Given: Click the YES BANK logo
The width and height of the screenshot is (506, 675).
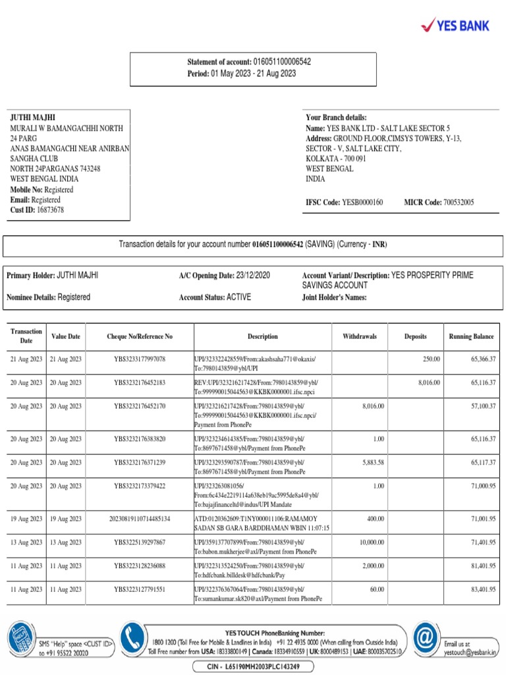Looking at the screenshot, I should pos(455,25).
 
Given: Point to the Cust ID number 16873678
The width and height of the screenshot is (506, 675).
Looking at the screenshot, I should pos(50,210).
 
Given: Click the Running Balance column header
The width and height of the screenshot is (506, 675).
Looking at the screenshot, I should pos(471,336).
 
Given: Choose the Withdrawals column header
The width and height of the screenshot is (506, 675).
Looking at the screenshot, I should pos(360,336).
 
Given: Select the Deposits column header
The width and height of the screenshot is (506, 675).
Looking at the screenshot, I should pos(415,336).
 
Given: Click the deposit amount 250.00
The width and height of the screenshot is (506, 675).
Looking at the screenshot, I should pos(431,359).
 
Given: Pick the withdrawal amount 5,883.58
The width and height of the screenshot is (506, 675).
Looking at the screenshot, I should pos(372,462).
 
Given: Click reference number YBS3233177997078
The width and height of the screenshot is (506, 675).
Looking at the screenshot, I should pos(140,359).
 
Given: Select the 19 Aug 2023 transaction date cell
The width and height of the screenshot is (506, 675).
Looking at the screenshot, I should pos(26,519).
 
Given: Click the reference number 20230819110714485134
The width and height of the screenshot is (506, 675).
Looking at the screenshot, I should pos(140,519).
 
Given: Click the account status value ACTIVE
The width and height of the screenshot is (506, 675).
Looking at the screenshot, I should pos(239,297).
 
